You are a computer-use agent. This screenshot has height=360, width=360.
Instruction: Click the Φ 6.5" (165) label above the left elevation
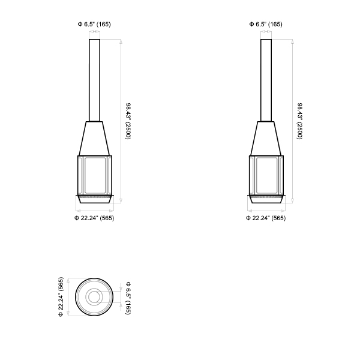tap(94, 24)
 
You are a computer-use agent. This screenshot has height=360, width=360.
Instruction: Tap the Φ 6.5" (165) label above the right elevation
tap(266, 24)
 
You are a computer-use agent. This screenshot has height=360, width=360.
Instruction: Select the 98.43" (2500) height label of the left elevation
tap(128, 121)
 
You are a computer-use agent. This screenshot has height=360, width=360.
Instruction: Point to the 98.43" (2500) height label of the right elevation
tap(299, 121)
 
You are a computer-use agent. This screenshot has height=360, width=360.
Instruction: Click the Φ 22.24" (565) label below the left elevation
tap(94, 218)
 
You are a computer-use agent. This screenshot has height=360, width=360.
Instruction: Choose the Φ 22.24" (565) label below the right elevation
tap(266, 218)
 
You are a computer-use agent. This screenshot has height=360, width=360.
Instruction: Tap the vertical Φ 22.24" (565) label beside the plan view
tap(61, 297)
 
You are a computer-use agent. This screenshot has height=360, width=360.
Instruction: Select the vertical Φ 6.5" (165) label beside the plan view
tap(128, 298)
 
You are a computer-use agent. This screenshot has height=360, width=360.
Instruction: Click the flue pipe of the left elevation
tap(94, 80)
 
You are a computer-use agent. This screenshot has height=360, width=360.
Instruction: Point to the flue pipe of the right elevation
tap(266, 80)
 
